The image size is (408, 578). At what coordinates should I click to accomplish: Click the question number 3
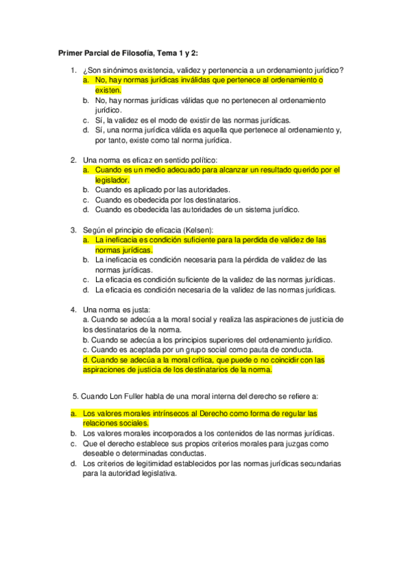(74, 230)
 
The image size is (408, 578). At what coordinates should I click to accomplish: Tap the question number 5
(74, 396)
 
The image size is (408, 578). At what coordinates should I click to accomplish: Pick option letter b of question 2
(86, 189)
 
